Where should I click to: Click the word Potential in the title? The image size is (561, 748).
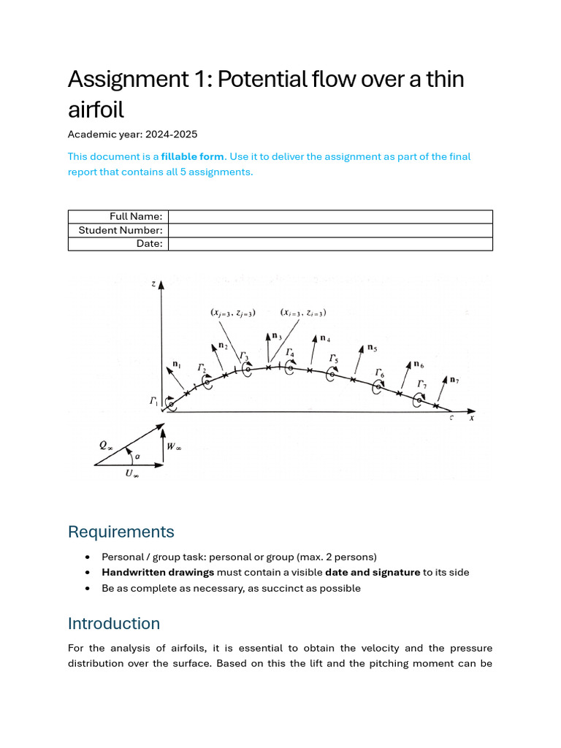(x=246, y=79)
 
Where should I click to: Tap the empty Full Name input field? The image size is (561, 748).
(x=330, y=216)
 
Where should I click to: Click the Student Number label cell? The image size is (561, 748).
(x=120, y=230)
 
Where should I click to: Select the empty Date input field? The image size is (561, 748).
(x=330, y=244)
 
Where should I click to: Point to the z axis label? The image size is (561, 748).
(x=153, y=283)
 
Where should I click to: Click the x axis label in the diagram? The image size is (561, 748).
(x=472, y=418)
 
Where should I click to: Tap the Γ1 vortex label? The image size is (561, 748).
(x=154, y=401)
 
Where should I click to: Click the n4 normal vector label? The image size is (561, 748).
(x=325, y=339)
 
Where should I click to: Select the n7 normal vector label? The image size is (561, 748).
(x=454, y=380)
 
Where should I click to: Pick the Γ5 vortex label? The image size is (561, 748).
(x=333, y=359)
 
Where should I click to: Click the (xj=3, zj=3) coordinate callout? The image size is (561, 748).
(x=232, y=313)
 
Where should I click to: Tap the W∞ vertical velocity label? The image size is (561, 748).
(x=174, y=446)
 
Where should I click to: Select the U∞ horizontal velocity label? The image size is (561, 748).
(x=132, y=474)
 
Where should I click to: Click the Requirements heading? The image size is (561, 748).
(x=121, y=531)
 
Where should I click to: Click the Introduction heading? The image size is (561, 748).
(x=114, y=623)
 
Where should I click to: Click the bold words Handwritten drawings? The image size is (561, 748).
(x=158, y=572)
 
